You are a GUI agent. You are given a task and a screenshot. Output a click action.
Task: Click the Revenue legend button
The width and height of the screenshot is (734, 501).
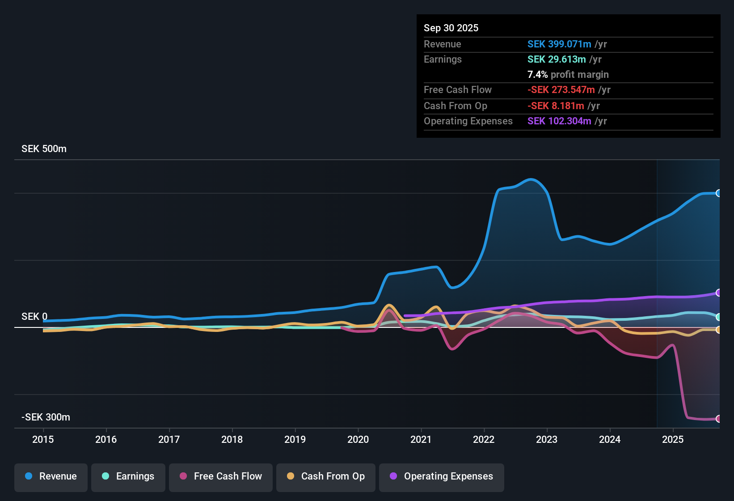(51, 476)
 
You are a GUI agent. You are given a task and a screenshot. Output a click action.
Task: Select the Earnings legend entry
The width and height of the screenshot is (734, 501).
(128, 476)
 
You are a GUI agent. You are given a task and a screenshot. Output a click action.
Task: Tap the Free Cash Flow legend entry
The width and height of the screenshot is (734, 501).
(221, 476)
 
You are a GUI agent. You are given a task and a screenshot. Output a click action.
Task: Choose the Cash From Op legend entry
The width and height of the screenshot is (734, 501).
(326, 476)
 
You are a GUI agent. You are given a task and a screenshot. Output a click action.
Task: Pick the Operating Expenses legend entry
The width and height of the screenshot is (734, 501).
(442, 476)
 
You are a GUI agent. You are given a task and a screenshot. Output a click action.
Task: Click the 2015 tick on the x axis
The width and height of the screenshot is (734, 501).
(43, 439)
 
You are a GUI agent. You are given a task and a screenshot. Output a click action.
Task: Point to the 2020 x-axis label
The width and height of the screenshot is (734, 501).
(358, 439)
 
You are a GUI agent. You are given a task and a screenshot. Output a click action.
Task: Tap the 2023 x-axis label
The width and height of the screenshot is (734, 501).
(547, 439)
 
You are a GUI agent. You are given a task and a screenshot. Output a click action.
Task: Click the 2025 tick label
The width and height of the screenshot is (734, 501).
(673, 439)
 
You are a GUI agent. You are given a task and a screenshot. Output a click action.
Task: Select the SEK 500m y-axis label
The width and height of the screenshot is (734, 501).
(44, 149)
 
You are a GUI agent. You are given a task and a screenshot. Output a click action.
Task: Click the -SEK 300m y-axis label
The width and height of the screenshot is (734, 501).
(46, 417)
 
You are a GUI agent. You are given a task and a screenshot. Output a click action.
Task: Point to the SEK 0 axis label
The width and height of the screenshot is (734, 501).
(34, 317)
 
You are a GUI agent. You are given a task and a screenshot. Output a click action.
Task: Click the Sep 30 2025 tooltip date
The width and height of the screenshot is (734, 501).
(451, 28)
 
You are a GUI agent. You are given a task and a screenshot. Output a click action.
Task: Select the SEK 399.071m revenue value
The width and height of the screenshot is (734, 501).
(559, 44)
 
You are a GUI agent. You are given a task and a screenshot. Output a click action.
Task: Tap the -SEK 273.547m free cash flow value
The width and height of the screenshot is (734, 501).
(561, 89)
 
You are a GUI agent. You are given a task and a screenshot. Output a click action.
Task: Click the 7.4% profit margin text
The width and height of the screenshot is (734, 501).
(568, 74)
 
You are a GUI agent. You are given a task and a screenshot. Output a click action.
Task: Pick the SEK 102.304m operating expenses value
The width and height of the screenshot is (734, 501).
(559, 121)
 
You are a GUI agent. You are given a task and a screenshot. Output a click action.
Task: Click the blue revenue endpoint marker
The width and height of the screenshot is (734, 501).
(718, 193)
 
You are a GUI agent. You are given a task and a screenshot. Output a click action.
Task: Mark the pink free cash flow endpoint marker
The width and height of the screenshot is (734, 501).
(718, 419)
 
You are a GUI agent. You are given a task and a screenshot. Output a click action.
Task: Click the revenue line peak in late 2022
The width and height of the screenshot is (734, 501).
(531, 179)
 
